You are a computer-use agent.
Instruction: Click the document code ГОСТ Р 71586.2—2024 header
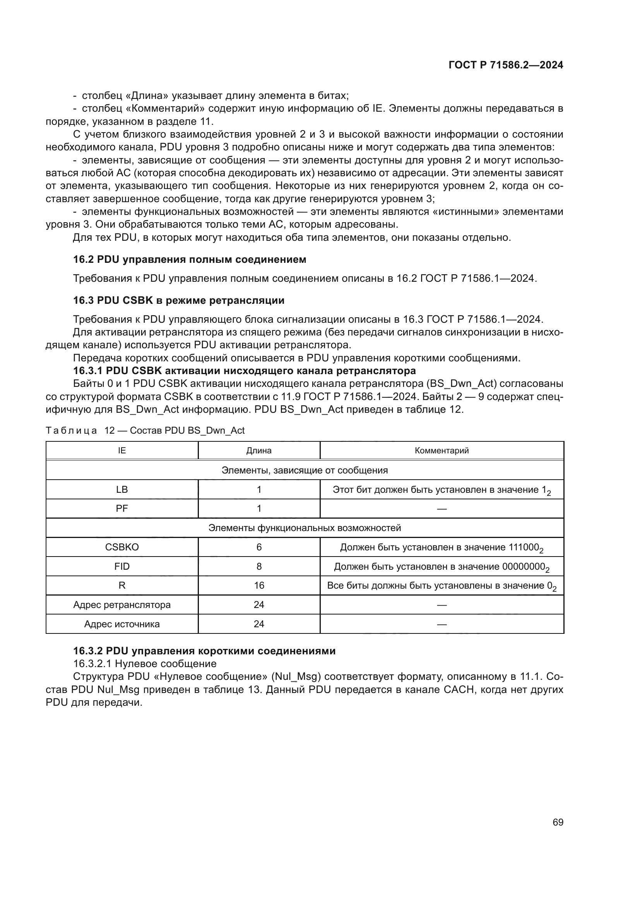click(506, 65)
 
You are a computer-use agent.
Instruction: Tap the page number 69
click(558, 822)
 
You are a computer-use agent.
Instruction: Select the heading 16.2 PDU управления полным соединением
click(189, 259)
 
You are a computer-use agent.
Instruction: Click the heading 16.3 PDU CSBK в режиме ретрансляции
click(178, 300)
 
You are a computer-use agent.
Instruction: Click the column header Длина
click(258, 450)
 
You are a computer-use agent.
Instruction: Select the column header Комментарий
click(441, 450)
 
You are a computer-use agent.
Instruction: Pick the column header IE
click(122, 450)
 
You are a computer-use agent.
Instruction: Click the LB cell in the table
click(122, 489)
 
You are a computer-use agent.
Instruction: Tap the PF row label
click(122, 508)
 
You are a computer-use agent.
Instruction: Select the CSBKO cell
click(122, 547)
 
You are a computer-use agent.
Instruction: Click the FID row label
click(122, 566)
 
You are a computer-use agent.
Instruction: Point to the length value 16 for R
click(258, 586)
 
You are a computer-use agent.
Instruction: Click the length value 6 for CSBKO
click(258, 547)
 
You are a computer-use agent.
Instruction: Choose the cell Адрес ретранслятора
click(122, 605)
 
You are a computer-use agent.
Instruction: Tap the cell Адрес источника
click(122, 624)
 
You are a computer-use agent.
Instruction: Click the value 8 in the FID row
click(258, 566)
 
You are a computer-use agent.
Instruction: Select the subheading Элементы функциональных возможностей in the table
click(304, 528)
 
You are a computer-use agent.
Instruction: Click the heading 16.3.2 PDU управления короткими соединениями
click(204, 651)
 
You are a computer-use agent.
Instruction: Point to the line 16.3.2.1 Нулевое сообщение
click(145, 664)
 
